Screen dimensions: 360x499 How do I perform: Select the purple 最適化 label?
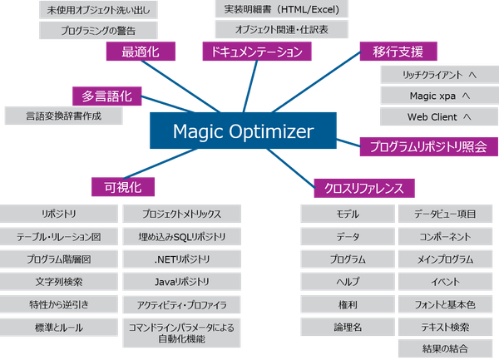pos(141,52)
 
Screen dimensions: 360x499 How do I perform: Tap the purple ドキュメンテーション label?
pos(257,52)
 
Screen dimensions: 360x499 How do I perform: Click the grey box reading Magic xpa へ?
pos(438,96)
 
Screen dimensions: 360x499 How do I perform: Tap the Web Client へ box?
pos(438,116)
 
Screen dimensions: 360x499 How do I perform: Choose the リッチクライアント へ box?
pos(438,75)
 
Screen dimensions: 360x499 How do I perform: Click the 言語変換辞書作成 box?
pos(63,116)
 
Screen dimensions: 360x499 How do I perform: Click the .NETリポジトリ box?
pos(181,259)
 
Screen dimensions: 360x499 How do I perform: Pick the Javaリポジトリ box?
pos(181,282)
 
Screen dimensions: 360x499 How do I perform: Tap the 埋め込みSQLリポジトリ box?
pos(181,237)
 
